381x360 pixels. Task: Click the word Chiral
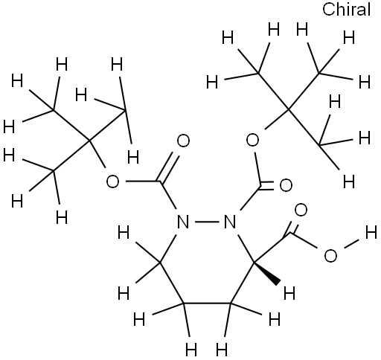(346, 10)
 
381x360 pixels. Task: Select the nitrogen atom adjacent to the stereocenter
(229, 222)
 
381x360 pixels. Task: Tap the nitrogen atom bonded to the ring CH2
(183, 222)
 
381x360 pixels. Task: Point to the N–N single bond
(206, 221)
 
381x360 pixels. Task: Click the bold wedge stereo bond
(267, 273)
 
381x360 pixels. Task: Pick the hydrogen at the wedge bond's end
(289, 293)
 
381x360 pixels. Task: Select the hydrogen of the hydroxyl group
(371, 233)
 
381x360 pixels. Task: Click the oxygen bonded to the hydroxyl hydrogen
(330, 256)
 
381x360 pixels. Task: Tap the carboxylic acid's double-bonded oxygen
(301, 210)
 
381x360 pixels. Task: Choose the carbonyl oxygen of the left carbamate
(183, 141)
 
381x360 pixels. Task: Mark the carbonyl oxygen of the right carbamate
(286, 185)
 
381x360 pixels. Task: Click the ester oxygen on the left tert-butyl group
(112, 181)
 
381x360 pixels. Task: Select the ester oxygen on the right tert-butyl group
(252, 140)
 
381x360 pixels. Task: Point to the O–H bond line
(352, 243)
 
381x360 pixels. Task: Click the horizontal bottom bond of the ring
(207, 303)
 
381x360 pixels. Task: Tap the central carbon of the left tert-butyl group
(89, 141)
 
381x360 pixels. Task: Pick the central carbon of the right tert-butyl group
(289, 109)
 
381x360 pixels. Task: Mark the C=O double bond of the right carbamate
(266, 187)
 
